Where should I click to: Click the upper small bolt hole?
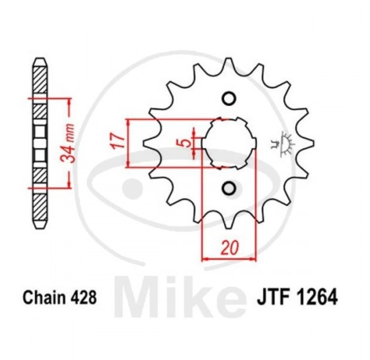click(x=229, y=99)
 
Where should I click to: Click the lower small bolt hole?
click(x=229, y=188)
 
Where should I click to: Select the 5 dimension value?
click(x=186, y=143)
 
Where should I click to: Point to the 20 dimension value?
click(x=230, y=248)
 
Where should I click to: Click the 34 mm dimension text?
click(x=68, y=143)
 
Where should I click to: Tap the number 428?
click(x=83, y=297)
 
